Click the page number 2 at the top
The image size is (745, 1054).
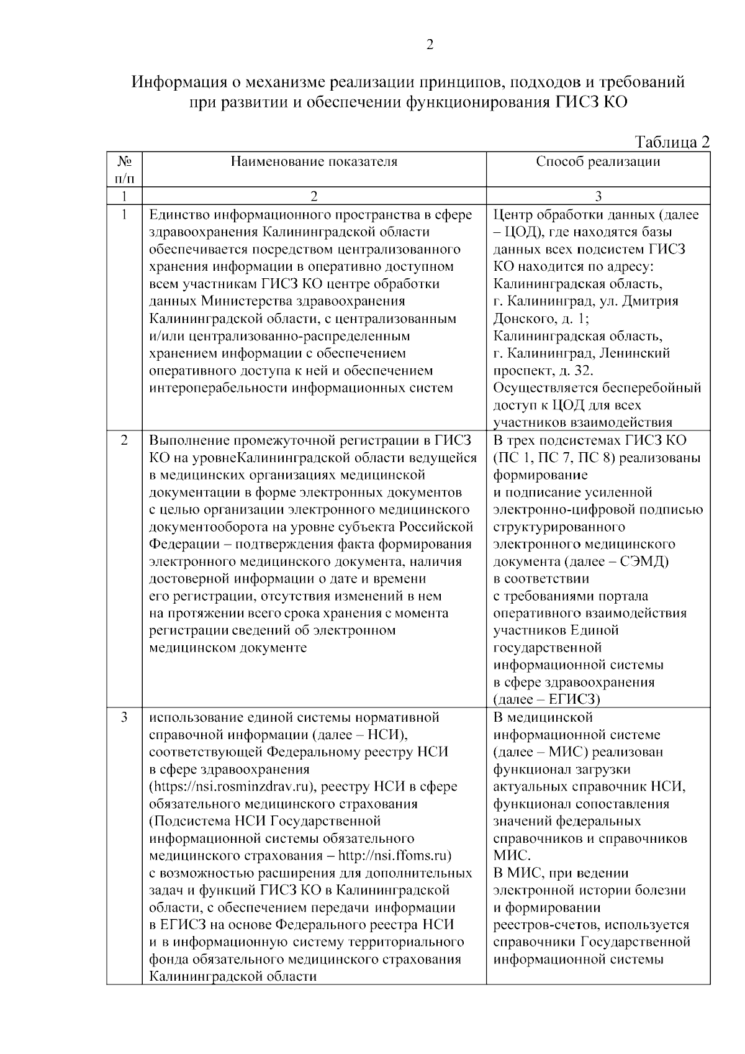pyautogui.click(x=430, y=44)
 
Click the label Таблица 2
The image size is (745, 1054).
pyautogui.click(x=672, y=142)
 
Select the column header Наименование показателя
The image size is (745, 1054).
pyautogui.click(x=314, y=162)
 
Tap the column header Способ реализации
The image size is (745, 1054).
pyautogui.click(x=598, y=162)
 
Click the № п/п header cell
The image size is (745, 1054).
pyautogui.click(x=124, y=170)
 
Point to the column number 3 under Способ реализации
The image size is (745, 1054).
pyautogui.click(x=598, y=197)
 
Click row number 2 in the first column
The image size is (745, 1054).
pyautogui.click(x=124, y=440)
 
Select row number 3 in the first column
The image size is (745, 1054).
pyautogui.click(x=124, y=717)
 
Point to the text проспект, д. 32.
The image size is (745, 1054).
pyautogui.click(x=543, y=371)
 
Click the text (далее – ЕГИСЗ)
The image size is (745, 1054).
pyautogui.click(x=546, y=699)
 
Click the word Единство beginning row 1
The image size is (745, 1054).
pyautogui.click(x=179, y=215)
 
